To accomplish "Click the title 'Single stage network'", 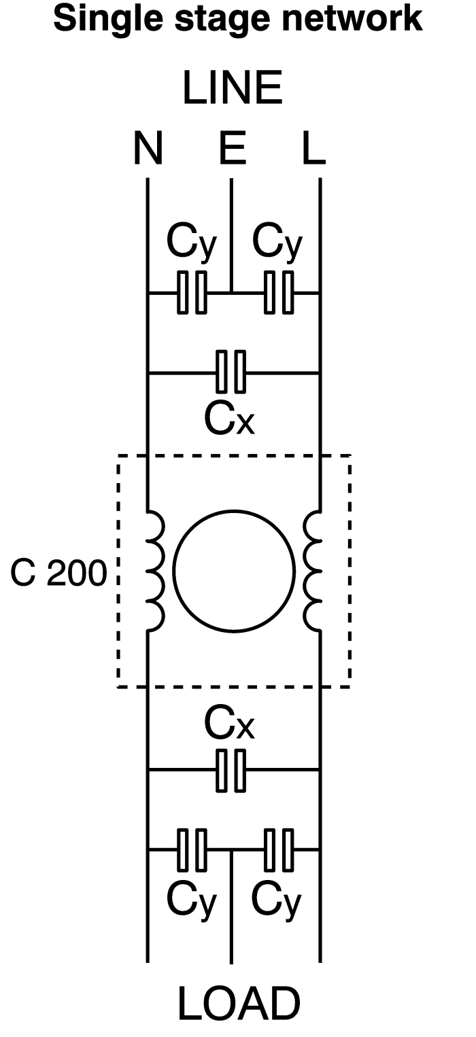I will (x=237, y=20).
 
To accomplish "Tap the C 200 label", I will (x=58, y=575).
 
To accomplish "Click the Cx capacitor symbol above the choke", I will (x=231, y=372).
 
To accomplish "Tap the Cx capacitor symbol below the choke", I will (x=231, y=770).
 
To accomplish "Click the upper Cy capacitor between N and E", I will (x=192, y=293).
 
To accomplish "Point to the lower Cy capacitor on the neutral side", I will (x=192, y=849).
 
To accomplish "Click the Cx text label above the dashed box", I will (x=229, y=420).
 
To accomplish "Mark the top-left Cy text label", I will (x=191, y=243).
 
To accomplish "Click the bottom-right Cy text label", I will (x=277, y=901).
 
